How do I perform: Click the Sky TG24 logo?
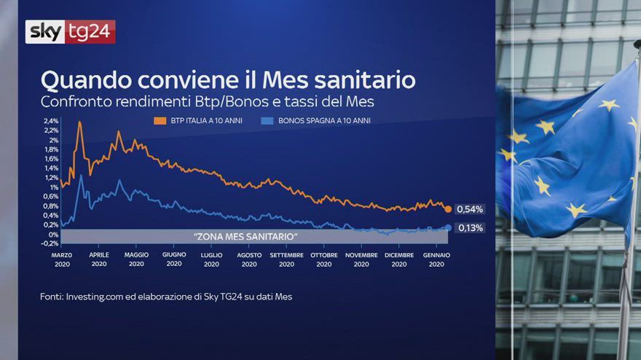71,31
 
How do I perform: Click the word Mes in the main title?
286,79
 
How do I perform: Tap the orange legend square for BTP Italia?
160,121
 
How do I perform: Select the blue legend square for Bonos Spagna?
267,121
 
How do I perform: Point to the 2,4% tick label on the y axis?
51,121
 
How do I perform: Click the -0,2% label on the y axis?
50,243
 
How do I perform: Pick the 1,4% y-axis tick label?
52,168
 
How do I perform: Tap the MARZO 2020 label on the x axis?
62,259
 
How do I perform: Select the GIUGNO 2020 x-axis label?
174,259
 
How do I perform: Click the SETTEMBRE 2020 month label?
286,259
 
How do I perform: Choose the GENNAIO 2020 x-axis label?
436,259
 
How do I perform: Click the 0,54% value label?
470,209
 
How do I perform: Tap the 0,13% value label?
471,228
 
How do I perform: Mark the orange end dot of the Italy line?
448,209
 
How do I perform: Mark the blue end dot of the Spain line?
448,228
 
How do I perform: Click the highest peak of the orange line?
79,122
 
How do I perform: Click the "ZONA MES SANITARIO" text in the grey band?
245,236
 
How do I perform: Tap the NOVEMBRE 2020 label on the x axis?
361,259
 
